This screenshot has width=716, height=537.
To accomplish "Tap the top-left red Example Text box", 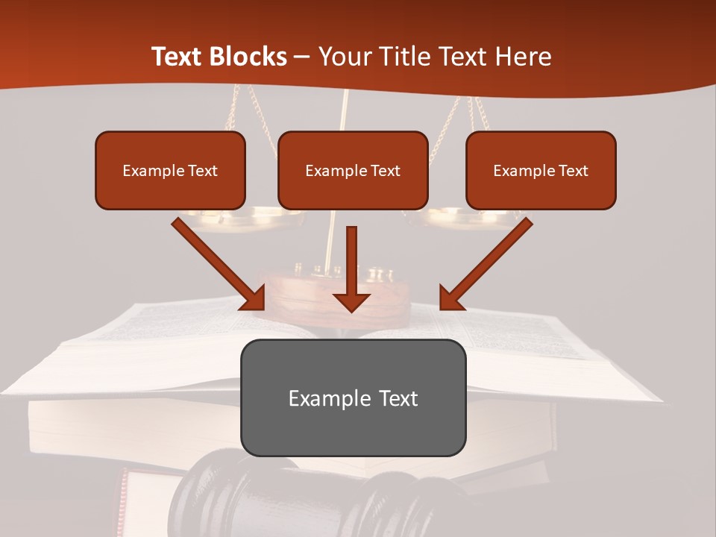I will click(x=170, y=171).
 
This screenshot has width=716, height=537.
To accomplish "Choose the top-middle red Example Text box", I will click(x=353, y=171).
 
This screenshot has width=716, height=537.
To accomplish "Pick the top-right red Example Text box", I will click(x=541, y=171).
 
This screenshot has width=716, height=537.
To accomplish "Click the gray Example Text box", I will click(x=353, y=398).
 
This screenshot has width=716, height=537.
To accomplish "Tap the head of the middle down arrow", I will click(x=351, y=301).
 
